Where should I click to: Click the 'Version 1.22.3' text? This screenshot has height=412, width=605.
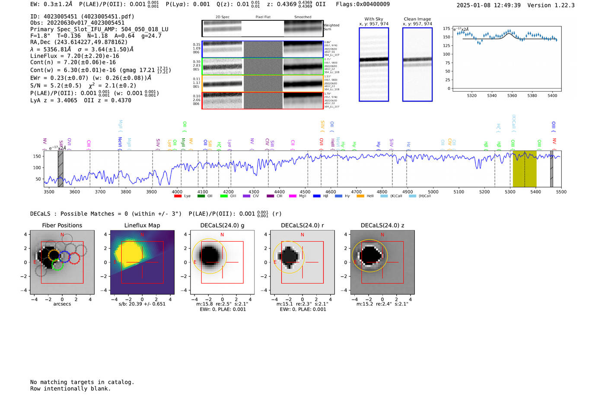click(551, 5)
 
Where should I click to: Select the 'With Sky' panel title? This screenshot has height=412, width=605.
click(374, 19)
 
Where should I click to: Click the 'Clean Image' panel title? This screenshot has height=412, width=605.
click(417, 19)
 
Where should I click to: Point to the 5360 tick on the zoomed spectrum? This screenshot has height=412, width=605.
click(512, 96)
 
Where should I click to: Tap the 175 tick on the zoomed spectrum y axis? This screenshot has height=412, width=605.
click(446, 29)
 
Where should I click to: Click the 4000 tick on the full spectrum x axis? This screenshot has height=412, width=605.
click(177, 192)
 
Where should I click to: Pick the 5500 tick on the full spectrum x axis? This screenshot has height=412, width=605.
click(561, 192)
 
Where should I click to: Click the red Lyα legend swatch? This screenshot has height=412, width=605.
click(178, 196)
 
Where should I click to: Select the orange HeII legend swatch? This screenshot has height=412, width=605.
click(360, 196)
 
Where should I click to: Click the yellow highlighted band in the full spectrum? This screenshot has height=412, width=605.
click(524, 169)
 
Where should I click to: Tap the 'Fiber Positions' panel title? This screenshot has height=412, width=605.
click(62, 225)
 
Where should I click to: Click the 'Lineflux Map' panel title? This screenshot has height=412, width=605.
click(142, 225)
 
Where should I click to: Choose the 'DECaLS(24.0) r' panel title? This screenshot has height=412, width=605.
click(302, 225)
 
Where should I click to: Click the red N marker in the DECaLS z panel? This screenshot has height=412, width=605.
click(382, 235)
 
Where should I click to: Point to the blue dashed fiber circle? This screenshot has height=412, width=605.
click(64, 256)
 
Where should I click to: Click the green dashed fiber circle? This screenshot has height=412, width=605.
click(57, 265)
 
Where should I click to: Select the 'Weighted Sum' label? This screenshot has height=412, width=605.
click(331, 27)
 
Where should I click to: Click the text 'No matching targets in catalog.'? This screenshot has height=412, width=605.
click(82, 382)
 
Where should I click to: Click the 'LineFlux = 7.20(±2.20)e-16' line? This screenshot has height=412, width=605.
click(75, 56)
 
